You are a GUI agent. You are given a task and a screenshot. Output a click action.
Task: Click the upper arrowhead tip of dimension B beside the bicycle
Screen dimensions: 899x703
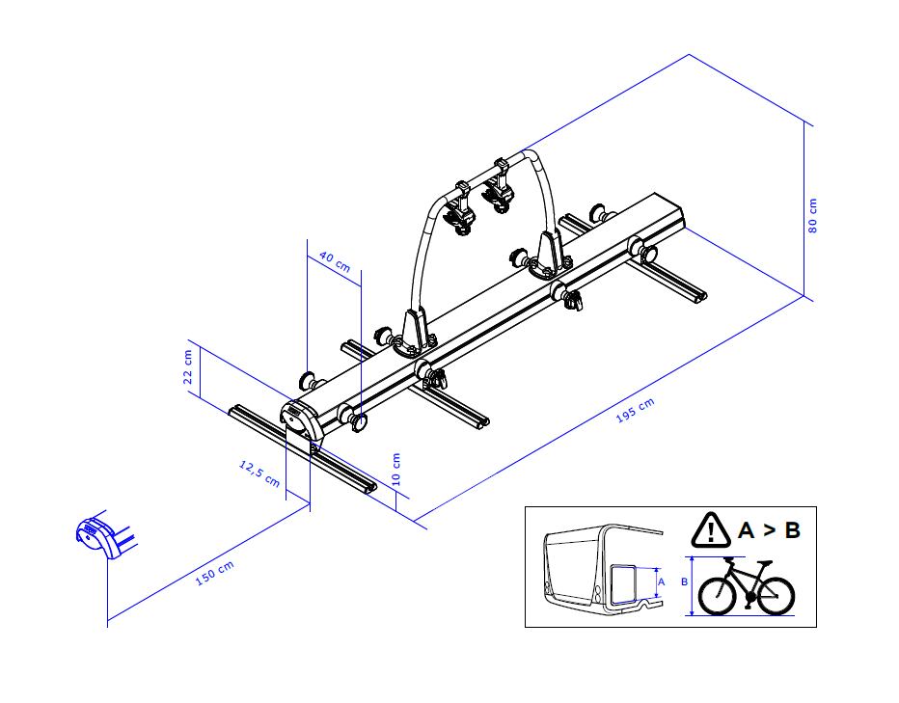coord(693,556)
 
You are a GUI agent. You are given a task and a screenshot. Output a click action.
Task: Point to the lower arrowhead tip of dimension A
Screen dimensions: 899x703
coord(656,598)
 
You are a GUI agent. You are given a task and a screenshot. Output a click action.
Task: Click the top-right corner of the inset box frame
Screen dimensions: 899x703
coord(816,507)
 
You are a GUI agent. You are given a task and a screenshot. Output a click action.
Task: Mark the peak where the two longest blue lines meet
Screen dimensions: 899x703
coord(689,54)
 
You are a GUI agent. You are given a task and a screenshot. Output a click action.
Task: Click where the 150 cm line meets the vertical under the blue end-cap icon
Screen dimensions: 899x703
coord(108,620)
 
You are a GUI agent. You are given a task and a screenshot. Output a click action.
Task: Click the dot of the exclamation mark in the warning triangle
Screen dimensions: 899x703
coord(711,540)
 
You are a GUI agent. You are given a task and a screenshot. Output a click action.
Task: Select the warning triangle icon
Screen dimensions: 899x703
coord(711,529)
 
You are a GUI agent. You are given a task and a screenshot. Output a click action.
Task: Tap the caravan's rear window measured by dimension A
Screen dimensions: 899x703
coord(624,583)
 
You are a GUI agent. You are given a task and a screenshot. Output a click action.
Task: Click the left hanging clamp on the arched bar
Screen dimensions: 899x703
coord(460,209)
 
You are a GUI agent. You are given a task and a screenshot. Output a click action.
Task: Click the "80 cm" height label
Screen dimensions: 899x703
coord(812,216)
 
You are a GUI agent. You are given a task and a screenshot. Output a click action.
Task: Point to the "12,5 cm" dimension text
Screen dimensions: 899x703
coord(259,473)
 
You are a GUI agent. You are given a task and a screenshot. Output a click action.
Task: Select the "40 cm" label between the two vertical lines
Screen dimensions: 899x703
coord(335,261)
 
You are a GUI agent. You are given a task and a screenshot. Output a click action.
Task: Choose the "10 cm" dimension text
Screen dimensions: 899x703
coord(395,469)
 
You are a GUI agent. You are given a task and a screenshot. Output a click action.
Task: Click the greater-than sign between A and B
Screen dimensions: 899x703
coord(768,530)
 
